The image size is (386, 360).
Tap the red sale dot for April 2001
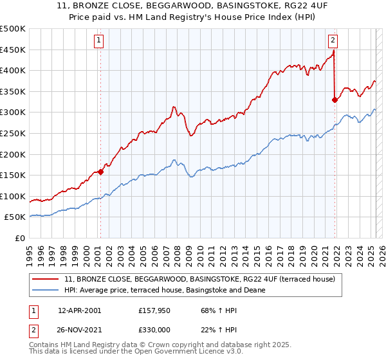pos(101,172)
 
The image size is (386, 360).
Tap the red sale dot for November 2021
pos(335,99)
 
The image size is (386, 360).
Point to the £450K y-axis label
pos(13,50)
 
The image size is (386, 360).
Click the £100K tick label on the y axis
pos(13,196)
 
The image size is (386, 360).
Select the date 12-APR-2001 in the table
pos(79,310)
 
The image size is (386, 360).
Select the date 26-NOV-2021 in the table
pos(80,330)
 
